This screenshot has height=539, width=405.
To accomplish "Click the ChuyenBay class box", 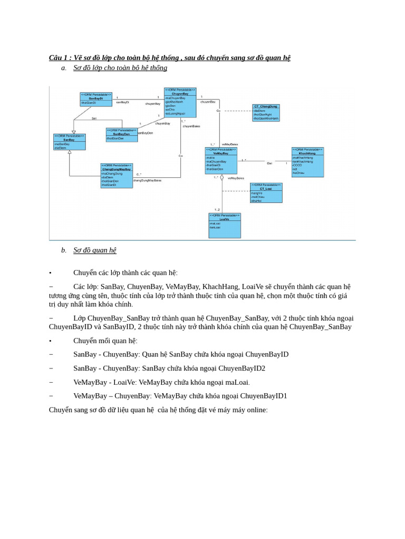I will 180,102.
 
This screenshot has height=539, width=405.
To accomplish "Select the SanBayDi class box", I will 96,99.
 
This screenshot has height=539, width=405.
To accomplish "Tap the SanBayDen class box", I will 122,135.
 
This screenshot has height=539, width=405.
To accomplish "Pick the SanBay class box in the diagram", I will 69,142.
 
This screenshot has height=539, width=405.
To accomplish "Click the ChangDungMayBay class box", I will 117,175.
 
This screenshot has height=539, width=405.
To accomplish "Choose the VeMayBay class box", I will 221,161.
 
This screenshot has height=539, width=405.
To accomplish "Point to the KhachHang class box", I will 307,162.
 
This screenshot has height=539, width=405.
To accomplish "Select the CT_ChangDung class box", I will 266,113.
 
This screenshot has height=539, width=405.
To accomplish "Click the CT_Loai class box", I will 266,193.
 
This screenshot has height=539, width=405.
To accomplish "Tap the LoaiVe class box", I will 225,225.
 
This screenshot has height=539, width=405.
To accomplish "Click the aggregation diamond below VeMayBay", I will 222,178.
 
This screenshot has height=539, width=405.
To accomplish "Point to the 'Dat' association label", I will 269,164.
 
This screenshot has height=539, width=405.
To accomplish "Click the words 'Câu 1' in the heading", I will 59,57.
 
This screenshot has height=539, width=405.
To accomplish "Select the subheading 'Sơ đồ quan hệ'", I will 95,250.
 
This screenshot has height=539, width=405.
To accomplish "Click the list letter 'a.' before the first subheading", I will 64,68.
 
